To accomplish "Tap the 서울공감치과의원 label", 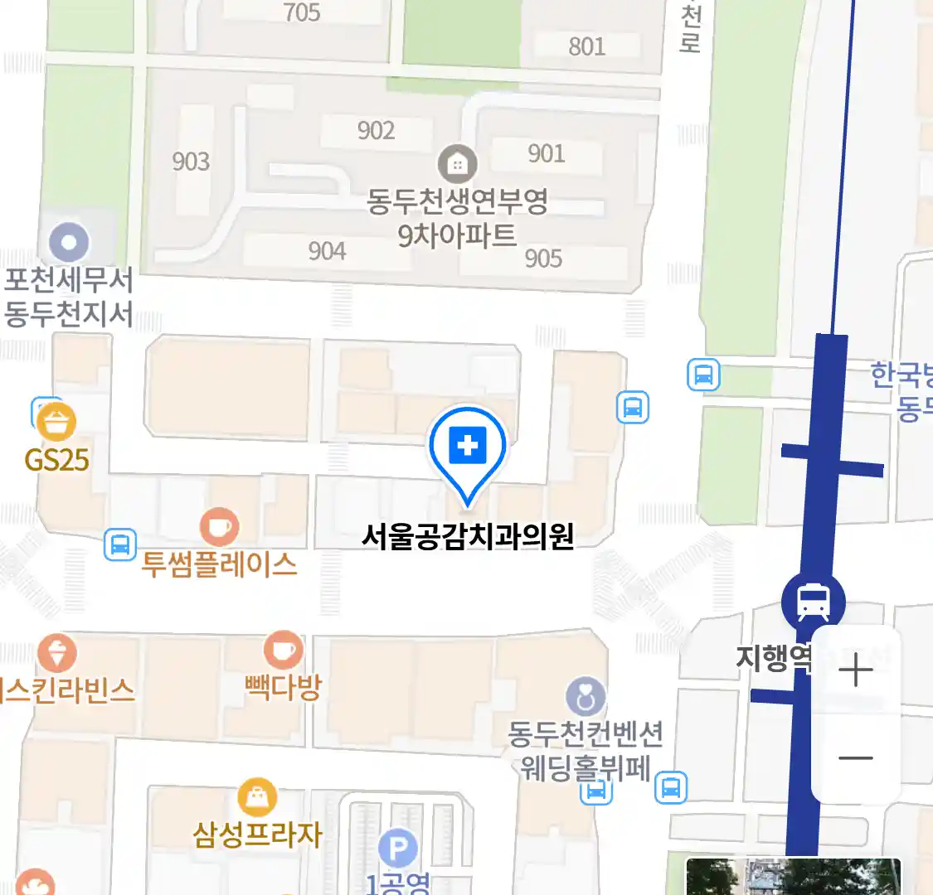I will pos(468,537).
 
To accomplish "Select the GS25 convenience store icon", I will pos(56,423).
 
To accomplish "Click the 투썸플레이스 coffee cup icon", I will pos(219,527).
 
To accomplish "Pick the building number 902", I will pos(376,131).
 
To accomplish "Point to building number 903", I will pos(191,161).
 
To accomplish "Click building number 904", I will pos(327,250).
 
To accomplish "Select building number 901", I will pos(546,153).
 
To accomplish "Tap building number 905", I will pos(543,259).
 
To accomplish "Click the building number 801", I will pos(586,46).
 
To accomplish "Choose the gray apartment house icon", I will pos(457,164).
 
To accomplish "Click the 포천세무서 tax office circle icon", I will pos(69,244).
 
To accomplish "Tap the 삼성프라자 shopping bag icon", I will pos(257,798).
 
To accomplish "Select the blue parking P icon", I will pos(398,849).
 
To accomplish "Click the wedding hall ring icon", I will pos(586,698).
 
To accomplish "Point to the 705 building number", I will pos(302,12).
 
